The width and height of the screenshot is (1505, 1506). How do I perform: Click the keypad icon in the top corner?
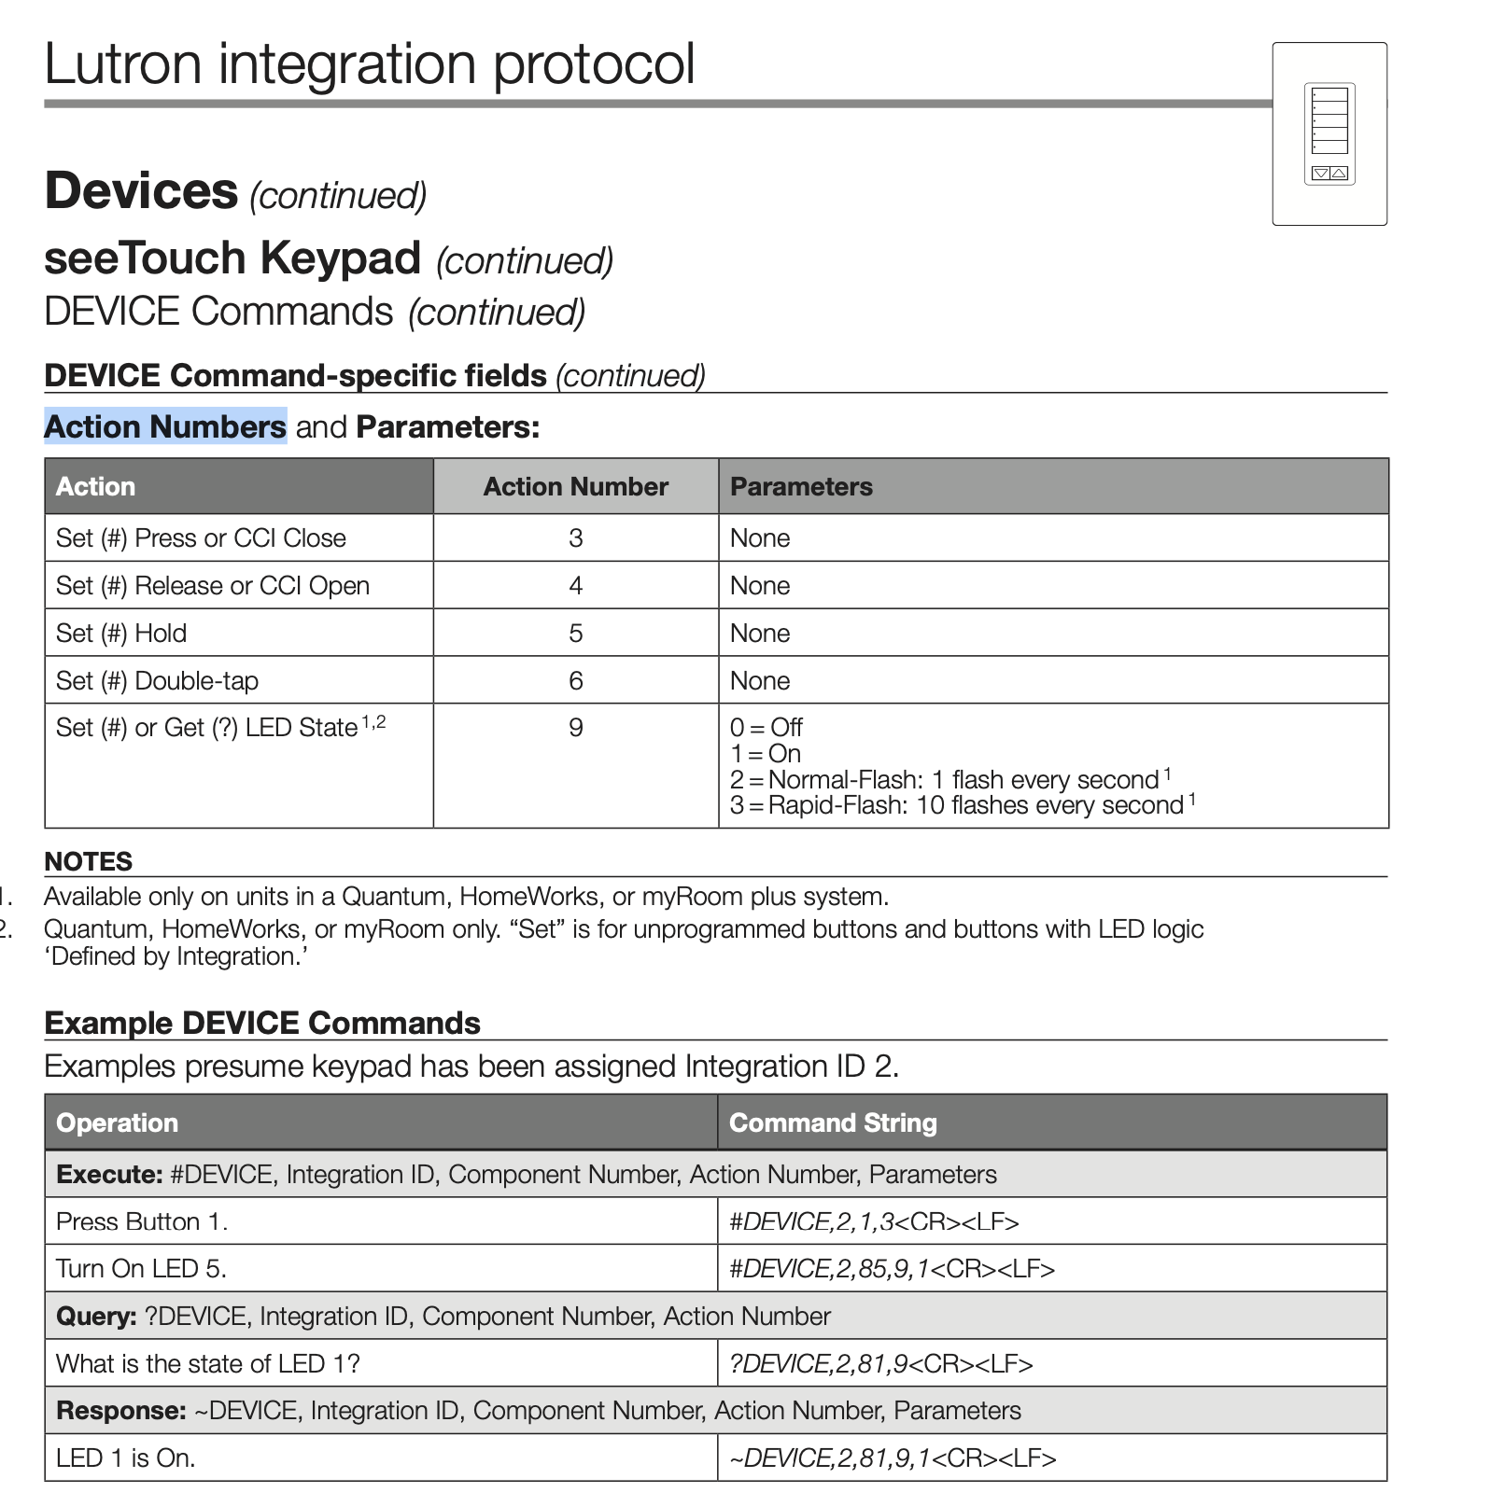point(1329,133)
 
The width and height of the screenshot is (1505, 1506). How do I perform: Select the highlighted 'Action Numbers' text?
point(165,426)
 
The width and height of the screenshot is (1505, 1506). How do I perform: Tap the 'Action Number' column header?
point(575,486)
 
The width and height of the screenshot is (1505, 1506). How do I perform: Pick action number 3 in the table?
point(575,538)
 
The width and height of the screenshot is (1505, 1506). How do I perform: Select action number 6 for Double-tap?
point(575,681)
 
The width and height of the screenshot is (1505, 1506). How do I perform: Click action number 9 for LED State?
point(575,728)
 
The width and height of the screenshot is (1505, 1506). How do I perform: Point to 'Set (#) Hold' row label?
point(121,634)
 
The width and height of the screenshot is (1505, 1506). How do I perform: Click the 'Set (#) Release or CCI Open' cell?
point(213,586)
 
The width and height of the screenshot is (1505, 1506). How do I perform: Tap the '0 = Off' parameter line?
point(766,728)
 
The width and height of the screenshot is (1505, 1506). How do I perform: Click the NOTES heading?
point(89,861)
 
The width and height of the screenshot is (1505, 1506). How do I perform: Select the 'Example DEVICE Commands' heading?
point(262,1024)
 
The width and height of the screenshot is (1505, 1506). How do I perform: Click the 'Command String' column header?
point(833,1123)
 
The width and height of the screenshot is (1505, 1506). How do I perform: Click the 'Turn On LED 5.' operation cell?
point(141,1269)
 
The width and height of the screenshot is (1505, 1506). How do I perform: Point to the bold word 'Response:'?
point(121,1411)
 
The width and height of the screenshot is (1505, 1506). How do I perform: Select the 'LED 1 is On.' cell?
point(126,1458)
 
